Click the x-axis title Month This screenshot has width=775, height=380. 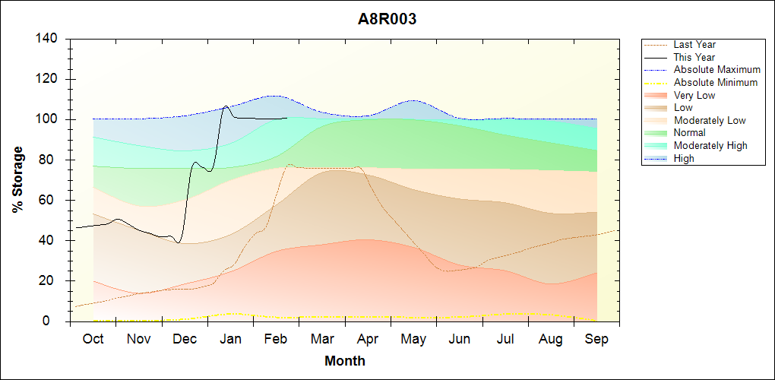(344, 361)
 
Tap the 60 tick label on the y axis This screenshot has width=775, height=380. (51, 201)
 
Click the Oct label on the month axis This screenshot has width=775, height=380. (93, 339)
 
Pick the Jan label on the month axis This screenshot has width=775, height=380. (230, 339)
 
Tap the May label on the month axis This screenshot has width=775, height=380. (413, 339)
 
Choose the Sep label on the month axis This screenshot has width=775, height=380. (596, 339)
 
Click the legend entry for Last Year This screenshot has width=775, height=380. (694, 45)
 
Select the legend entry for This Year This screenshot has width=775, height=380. (694, 57)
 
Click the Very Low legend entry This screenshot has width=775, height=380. (694, 95)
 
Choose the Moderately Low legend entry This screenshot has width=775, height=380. (710, 120)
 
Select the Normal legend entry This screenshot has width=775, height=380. (690, 133)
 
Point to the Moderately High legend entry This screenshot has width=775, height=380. (710, 145)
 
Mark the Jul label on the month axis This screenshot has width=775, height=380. (505, 339)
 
